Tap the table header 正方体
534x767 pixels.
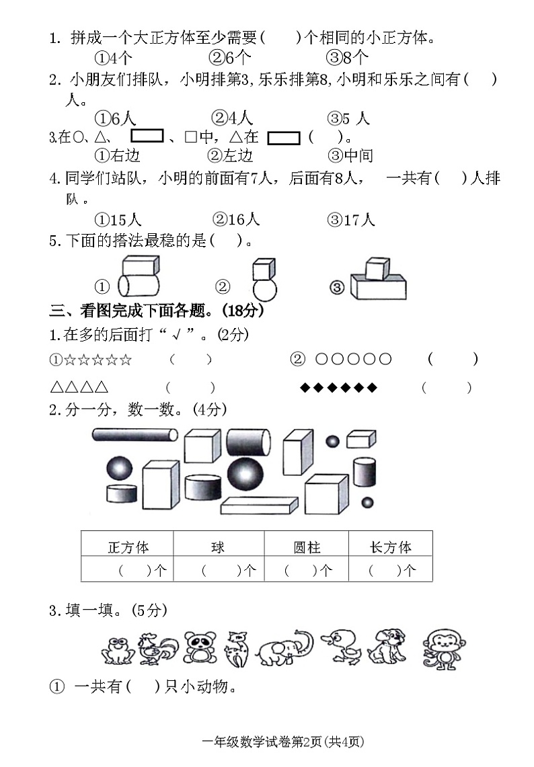pos(128,547)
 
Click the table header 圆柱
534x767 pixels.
pos(307,547)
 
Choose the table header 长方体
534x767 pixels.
pos(390,547)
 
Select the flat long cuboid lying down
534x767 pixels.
pos(259,506)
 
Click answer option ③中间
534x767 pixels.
pos(350,156)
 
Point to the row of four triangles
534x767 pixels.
pos(79,388)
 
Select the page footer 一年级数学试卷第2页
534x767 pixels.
pos(282,741)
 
